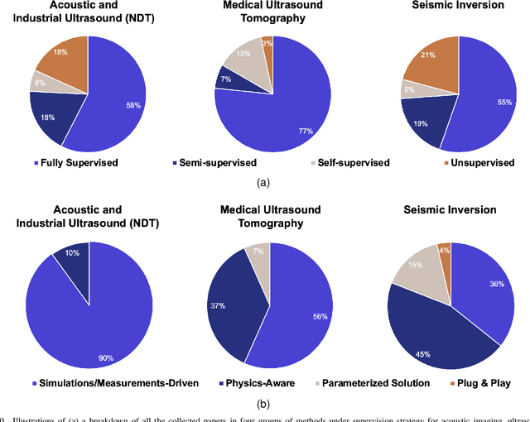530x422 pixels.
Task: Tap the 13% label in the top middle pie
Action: [243, 54]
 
